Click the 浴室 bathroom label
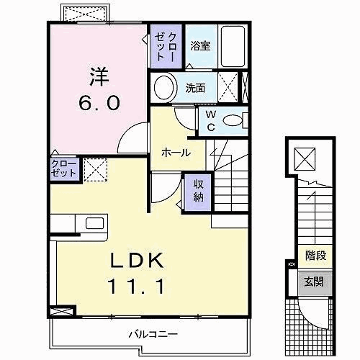(x=201, y=46)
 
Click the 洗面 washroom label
(x=195, y=89)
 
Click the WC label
(x=211, y=120)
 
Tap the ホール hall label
(x=176, y=153)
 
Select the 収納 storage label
(x=198, y=190)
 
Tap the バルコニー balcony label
(x=153, y=333)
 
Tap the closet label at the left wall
(x=63, y=170)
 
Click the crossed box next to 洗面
(x=228, y=89)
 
